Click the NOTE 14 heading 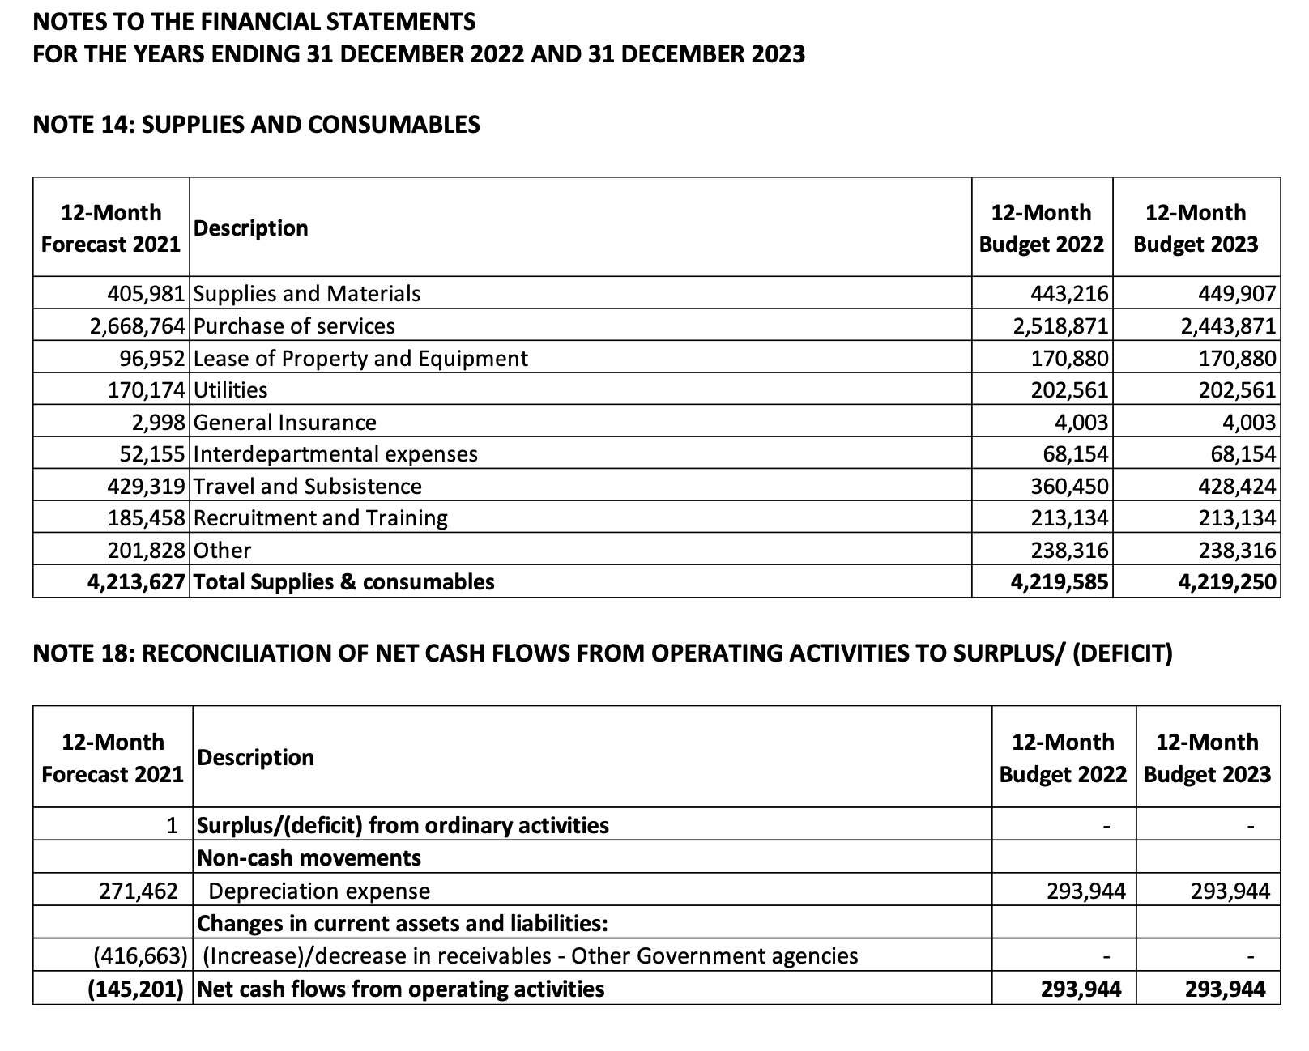click(x=256, y=124)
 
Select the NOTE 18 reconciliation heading click(x=602, y=653)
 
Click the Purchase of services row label click(x=295, y=326)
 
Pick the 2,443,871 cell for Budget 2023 click(x=1228, y=326)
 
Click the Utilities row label click(x=231, y=389)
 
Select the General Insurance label click(x=285, y=422)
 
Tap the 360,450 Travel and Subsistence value click(x=1068, y=486)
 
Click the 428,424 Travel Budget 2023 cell click(x=1236, y=486)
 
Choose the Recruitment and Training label click(x=321, y=517)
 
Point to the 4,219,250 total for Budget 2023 click(x=1226, y=581)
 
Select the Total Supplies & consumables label click(x=344, y=581)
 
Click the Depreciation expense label click(x=319, y=891)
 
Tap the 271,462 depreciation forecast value click(x=139, y=891)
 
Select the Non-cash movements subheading click(x=309, y=857)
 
